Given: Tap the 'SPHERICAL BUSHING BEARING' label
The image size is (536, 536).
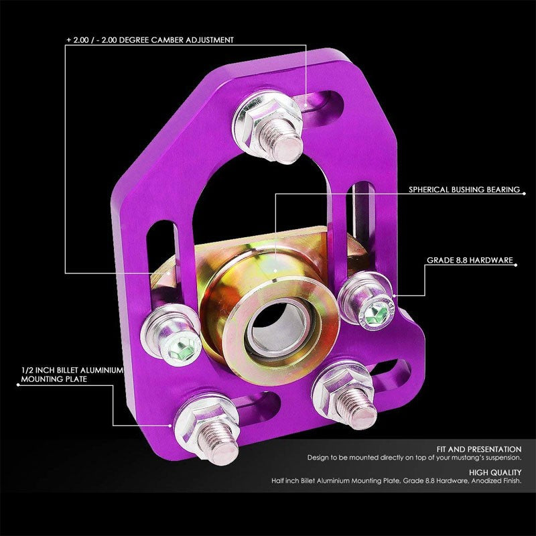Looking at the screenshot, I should [x=464, y=190].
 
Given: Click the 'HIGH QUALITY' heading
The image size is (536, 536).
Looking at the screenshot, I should [x=497, y=472].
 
